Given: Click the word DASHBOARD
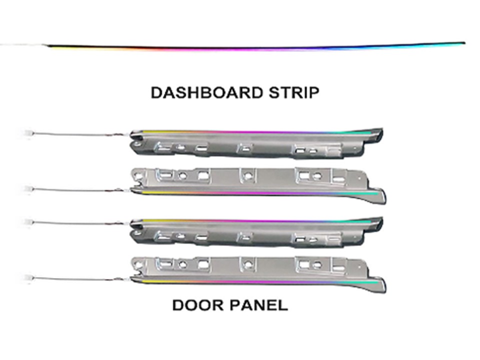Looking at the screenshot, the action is tap(207, 93).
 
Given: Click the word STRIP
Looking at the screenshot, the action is tap(294, 93).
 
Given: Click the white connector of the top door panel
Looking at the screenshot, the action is tap(28, 134).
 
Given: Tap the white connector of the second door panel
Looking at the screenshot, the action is tap(28, 188).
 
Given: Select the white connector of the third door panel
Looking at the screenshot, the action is tap(28, 221).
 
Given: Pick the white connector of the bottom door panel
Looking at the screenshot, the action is tap(28, 277).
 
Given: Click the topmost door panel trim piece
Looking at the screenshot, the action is tap(256, 143).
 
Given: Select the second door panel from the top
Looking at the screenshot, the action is tap(258, 185).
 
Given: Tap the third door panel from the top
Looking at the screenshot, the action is tap(256, 232).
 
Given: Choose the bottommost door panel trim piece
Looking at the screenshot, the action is tap(258, 274).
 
